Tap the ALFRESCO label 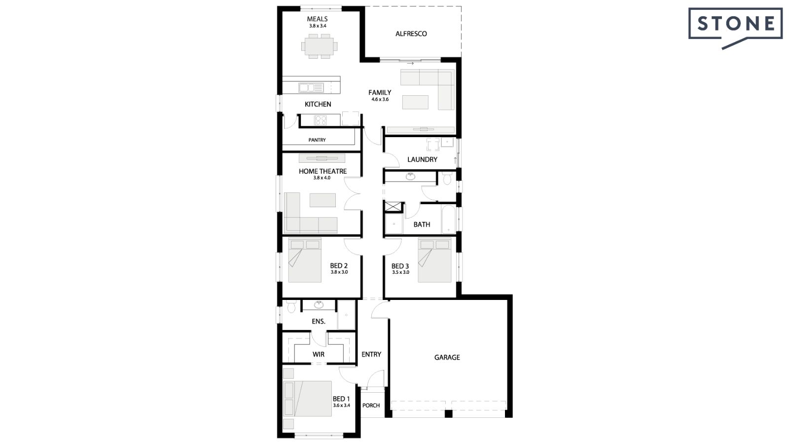pos(411,34)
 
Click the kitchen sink pos(311,88)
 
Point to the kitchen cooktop pos(321,120)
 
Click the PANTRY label pos(317,140)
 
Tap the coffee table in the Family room pos(415,102)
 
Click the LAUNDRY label pos(422,159)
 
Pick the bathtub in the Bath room pos(448,220)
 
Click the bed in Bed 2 pos(305,260)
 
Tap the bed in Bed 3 pos(434,260)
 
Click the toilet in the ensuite pos(291,307)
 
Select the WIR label pos(319,354)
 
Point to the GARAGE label pos(447,357)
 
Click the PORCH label pos(371,406)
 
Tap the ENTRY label pos(371,354)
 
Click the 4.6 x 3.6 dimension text pos(380,100)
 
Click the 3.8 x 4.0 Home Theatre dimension pos(322,178)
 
